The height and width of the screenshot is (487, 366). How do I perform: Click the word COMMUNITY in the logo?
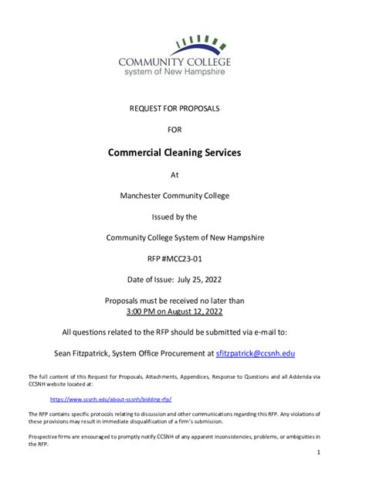(151, 62)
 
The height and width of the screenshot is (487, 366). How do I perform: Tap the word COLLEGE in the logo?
(208, 62)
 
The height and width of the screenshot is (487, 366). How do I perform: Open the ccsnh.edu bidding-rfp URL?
(110, 399)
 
